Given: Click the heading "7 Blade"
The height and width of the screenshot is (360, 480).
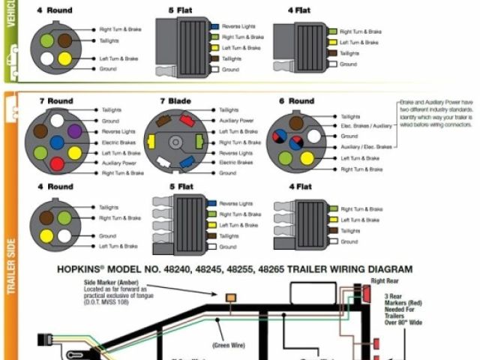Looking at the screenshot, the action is point(175,101).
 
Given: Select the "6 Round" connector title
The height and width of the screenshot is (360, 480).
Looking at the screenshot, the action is point(297,101).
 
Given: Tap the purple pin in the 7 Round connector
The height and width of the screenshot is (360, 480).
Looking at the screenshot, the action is point(73,131).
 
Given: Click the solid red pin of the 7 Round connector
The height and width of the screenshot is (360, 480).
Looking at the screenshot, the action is point(56,163).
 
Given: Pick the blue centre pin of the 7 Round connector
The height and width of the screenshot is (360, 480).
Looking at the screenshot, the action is point(57,142).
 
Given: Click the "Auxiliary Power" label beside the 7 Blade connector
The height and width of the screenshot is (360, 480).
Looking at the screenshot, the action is point(236,121).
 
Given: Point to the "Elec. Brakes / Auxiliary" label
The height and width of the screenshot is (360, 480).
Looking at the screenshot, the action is point(366,126).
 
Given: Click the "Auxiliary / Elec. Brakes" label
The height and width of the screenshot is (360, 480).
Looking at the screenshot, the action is point(366,147).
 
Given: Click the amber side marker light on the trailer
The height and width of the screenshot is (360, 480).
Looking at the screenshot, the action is point(230,298).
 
